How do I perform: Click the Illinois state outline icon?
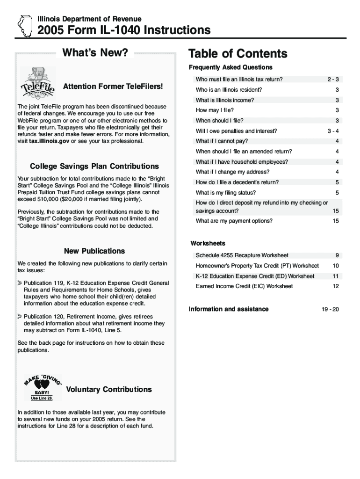pyautogui.click(x=23, y=26)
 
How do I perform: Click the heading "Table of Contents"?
pyautogui.click(x=238, y=53)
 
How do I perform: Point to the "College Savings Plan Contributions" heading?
pyautogui.click(x=94, y=166)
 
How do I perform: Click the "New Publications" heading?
pyautogui.click(x=94, y=251)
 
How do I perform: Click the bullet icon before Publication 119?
pyautogui.click(x=20, y=283)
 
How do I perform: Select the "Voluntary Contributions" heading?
pyautogui.click(x=109, y=390)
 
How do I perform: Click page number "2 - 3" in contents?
pyautogui.click(x=333, y=80)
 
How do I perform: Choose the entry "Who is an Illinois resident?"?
pyautogui.click(x=229, y=90)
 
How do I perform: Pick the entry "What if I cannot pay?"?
pyautogui.click(x=222, y=141)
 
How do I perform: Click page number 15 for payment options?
pyautogui.click(x=336, y=221)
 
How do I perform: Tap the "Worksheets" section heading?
pyautogui.click(x=208, y=243)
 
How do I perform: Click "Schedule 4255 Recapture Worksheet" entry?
pyautogui.click(x=242, y=255)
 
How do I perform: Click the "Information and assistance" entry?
pyautogui.click(x=229, y=309)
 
